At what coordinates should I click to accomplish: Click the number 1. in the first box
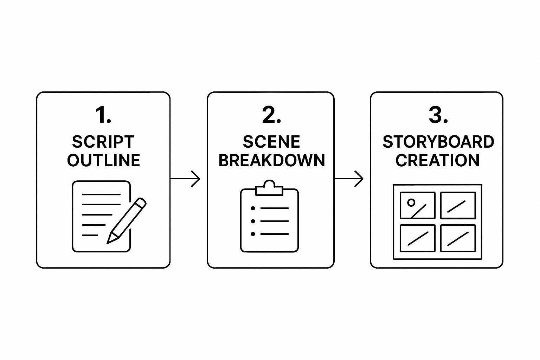tap(103, 115)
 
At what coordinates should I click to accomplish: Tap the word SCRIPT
tap(103, 142)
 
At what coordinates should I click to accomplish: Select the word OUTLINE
tap(103, 160)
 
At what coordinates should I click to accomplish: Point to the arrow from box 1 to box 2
tap(186, 179)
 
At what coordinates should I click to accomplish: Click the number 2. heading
tap(271, 115)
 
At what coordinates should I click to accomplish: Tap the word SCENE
tap(271, 142)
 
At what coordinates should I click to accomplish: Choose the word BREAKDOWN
tap(271, 160)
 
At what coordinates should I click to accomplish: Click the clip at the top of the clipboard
tap(269, 188)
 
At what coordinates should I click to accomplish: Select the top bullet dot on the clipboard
tap(253, 208)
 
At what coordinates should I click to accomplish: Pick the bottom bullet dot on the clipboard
tap(253, 234)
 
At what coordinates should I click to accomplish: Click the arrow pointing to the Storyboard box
tap(349, 179)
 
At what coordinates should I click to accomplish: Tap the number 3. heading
tap(438, 115)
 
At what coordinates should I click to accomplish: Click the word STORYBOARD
tap(438, 142)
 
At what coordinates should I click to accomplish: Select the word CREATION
tap(437, 160)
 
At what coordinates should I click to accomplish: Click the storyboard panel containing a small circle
tap(418, 205)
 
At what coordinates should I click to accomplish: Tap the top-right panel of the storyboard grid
tap(458, 205)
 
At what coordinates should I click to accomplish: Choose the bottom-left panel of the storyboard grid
tap(418, 238)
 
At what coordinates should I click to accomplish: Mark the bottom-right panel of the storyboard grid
tap(458, 238)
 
